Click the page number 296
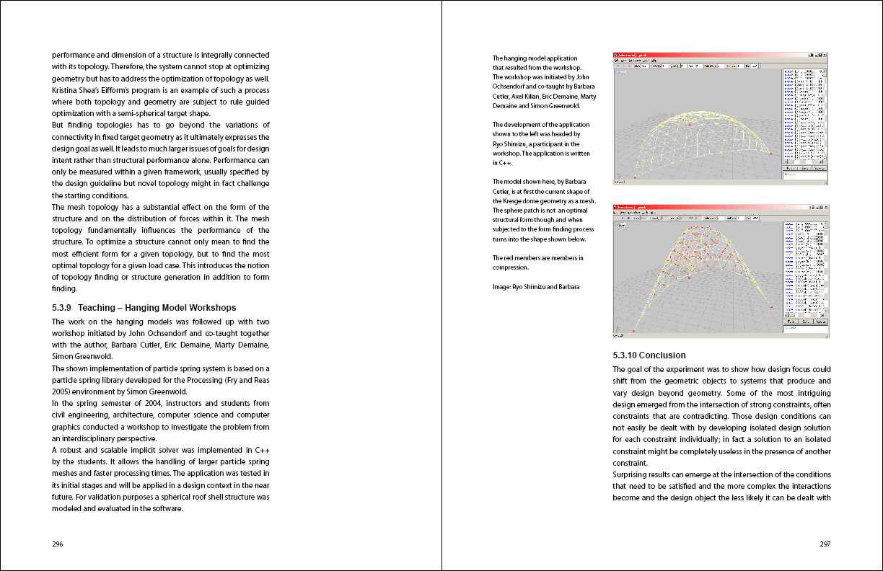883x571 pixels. pos(58,544)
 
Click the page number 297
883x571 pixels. pos(825,544)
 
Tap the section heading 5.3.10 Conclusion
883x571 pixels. pos(649,355)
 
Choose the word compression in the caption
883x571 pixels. pos(511,267)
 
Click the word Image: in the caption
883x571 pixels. pos(501,287)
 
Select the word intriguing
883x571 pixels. pos(808,393)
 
